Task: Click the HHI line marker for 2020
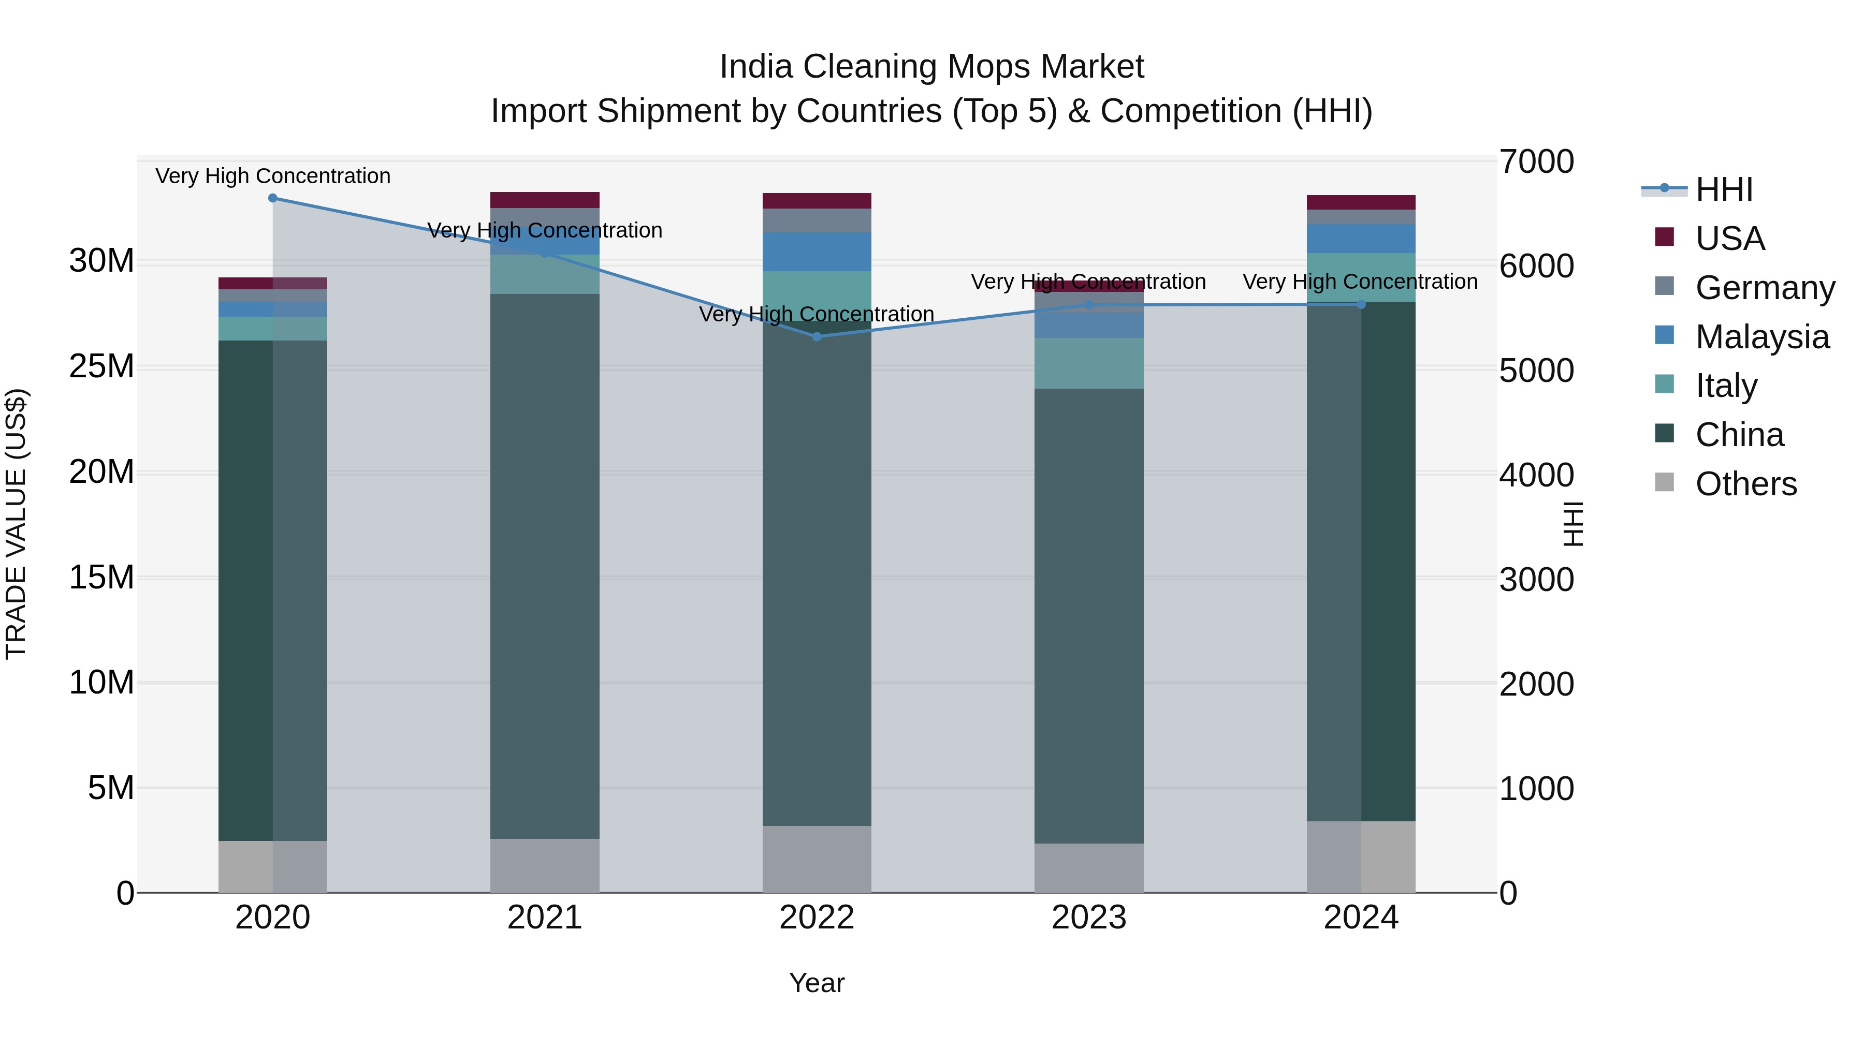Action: click(273, 198)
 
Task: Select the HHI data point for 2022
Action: click(817, 336)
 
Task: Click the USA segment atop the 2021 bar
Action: click(545, 200)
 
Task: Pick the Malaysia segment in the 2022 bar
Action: click(817, 252)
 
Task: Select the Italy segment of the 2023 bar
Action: click(1089, 363)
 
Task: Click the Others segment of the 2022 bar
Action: click(817, 859)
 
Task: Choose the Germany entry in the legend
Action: click(1765, 288)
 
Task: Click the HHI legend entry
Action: click(1724, 189)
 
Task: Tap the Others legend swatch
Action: click(1664, 482)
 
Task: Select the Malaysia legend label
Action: click(1762, 337)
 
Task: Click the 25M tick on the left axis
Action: click(101, 367)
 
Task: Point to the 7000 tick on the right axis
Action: click(1536, 162)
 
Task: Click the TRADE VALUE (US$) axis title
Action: click(17, 524)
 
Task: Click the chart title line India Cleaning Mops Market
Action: click(931, 67)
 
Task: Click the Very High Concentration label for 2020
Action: click(273, 176)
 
